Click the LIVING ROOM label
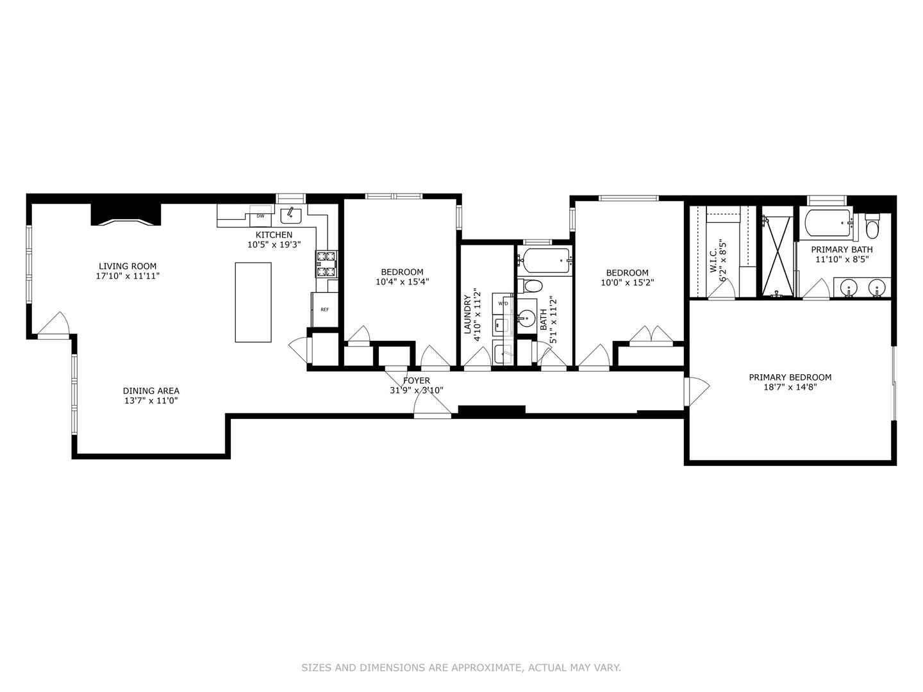[x=127, y=266]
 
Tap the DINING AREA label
[x=151, y=391]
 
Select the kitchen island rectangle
[x=253, y=302]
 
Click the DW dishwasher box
[x=260, y=216]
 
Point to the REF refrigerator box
[x=324, y=309]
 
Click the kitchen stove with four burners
[x=326, y=263]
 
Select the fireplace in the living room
[x=126, y=216]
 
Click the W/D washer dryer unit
[x=503, y=303]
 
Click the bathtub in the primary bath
[x=828, y=224]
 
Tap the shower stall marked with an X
[x=776, y=254]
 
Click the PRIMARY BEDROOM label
[x=790, y=377]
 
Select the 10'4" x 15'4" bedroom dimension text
[x=402, y=282]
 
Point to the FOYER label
[x=416, y=381]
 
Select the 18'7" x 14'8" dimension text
[x=790, y=387]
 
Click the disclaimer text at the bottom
[x=461, y=668]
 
